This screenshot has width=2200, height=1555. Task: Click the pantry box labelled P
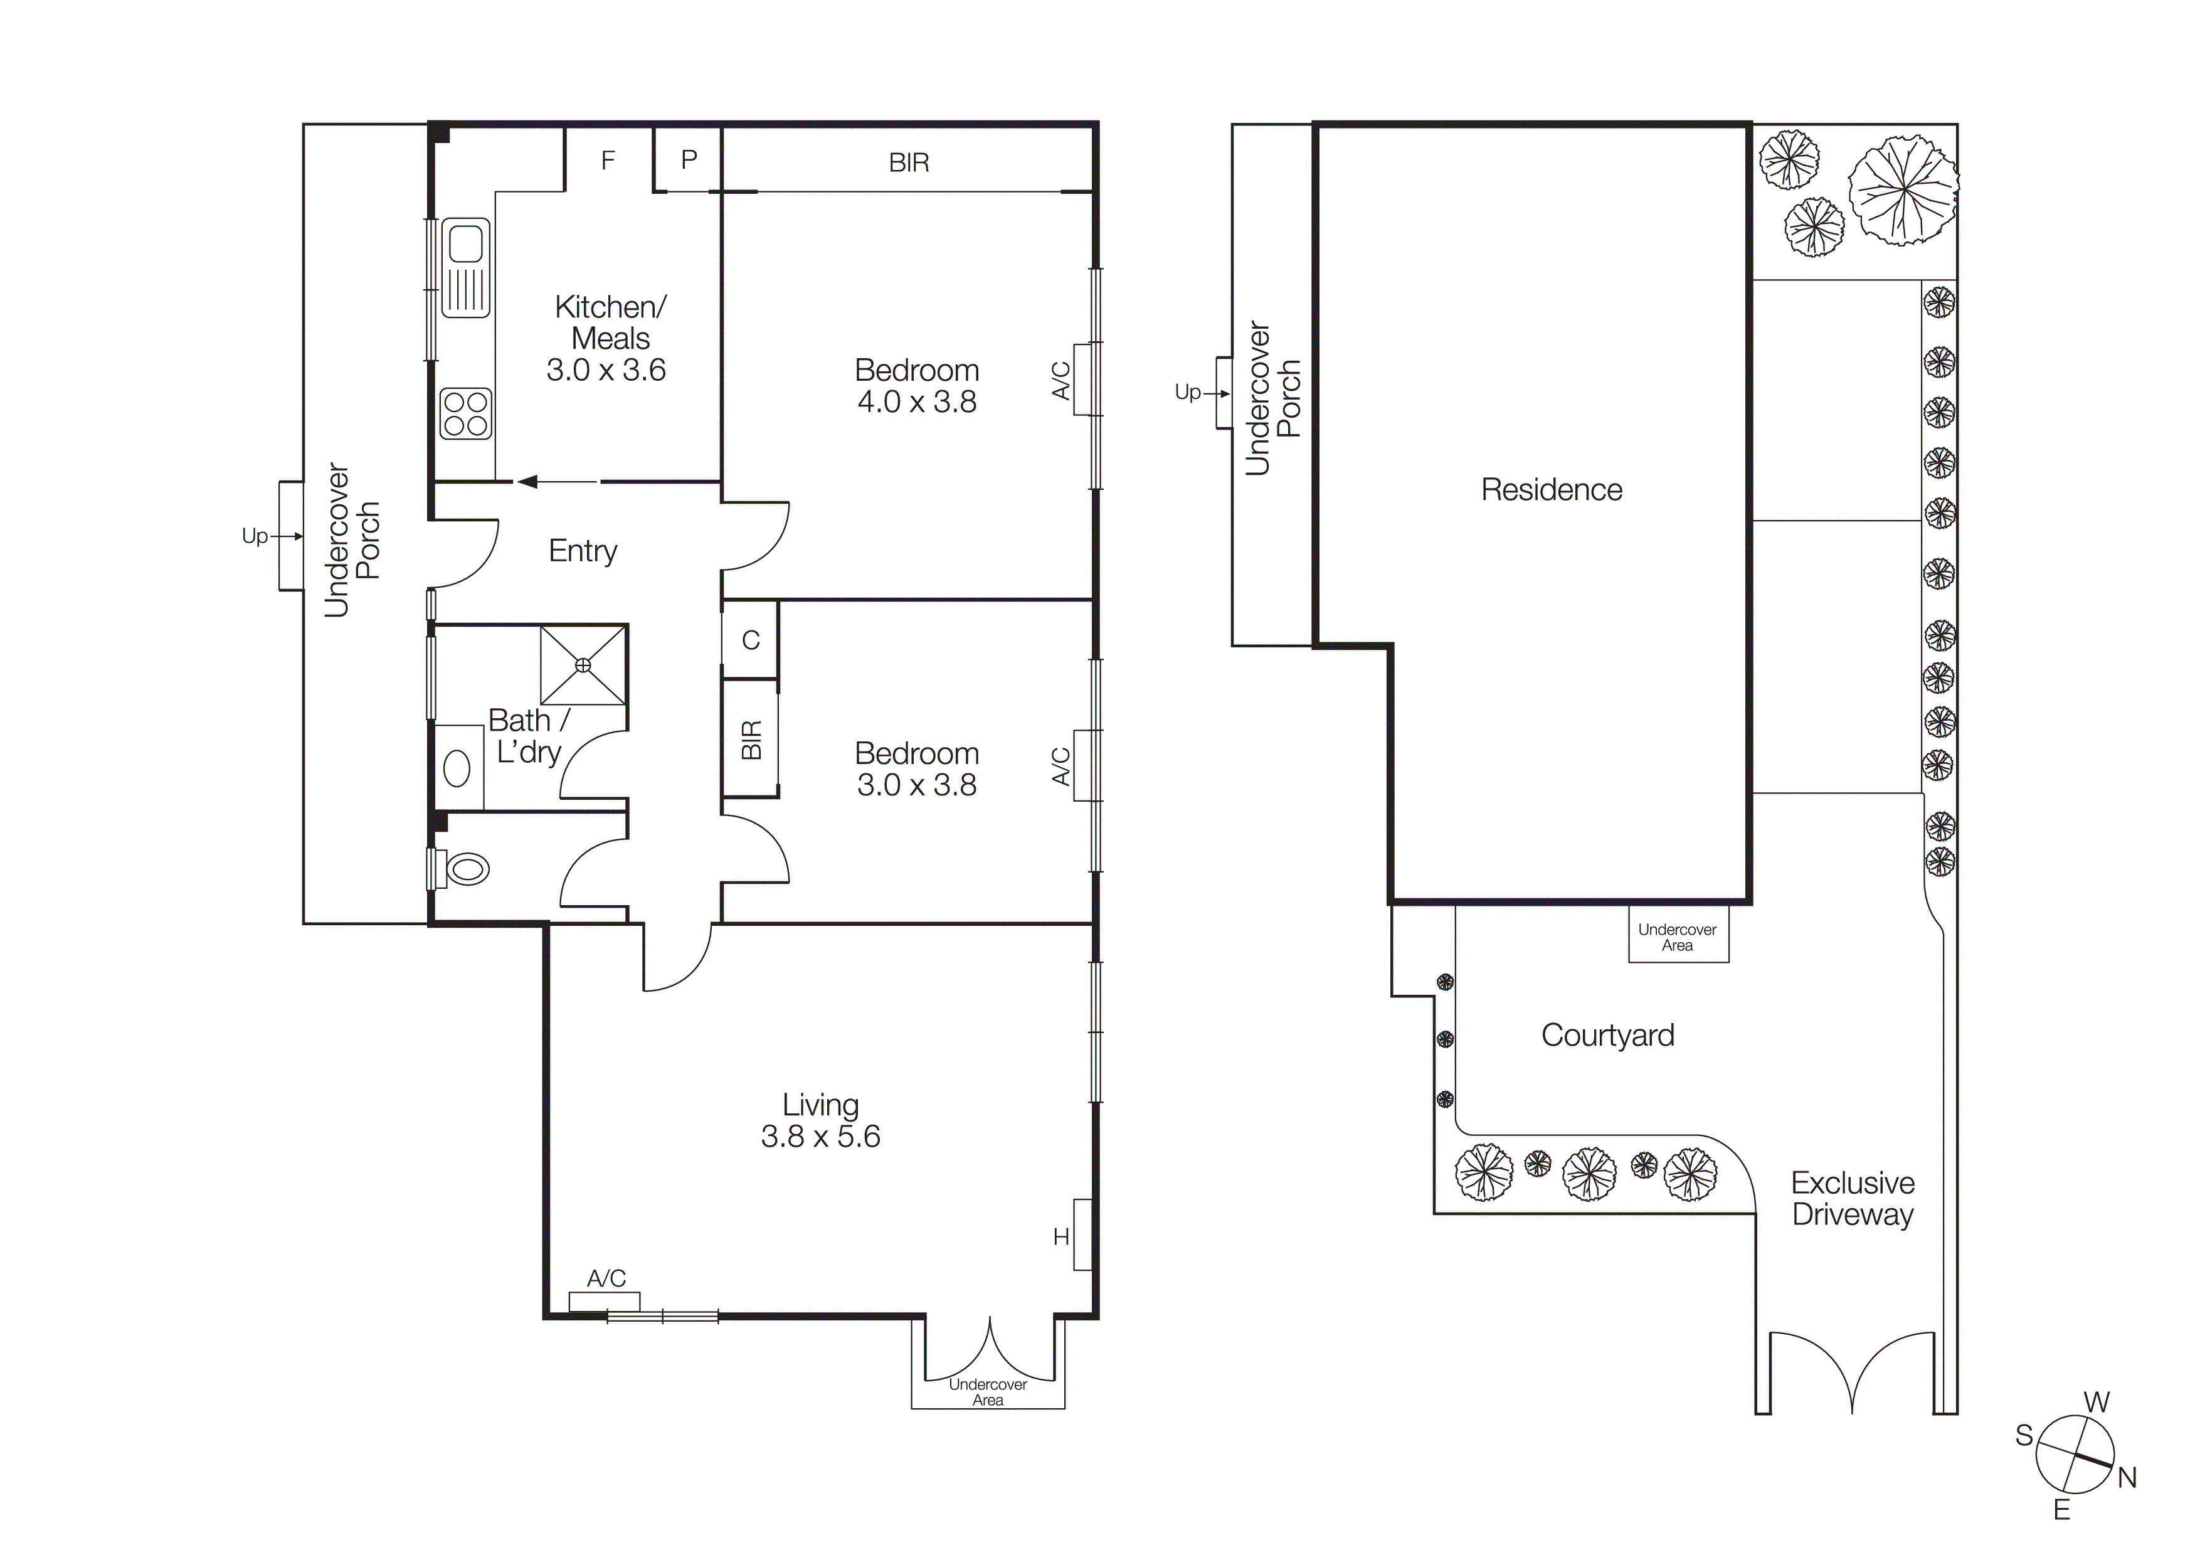tap(688, 160)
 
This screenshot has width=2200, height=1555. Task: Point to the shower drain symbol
tap(583, 665)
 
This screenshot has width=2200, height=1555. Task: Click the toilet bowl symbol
tap(467, 869)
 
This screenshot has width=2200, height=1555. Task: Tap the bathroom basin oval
tap(457, 768)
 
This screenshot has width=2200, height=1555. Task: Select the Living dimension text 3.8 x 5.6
tap(820, 1137)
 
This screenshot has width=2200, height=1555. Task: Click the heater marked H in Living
tap(1082, 1235)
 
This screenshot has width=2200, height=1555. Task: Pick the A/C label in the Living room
tap(606, 1278)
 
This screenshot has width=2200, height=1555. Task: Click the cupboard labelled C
tap(750, 640)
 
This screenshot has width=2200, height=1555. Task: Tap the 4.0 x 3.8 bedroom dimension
tap(916, 401)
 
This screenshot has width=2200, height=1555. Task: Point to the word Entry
tap(583, 551)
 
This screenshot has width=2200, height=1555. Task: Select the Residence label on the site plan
tap(1552, 490)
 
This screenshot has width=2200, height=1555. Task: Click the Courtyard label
tap(1608, 1035)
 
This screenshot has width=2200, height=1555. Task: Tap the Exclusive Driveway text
tap(1852, 1199)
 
